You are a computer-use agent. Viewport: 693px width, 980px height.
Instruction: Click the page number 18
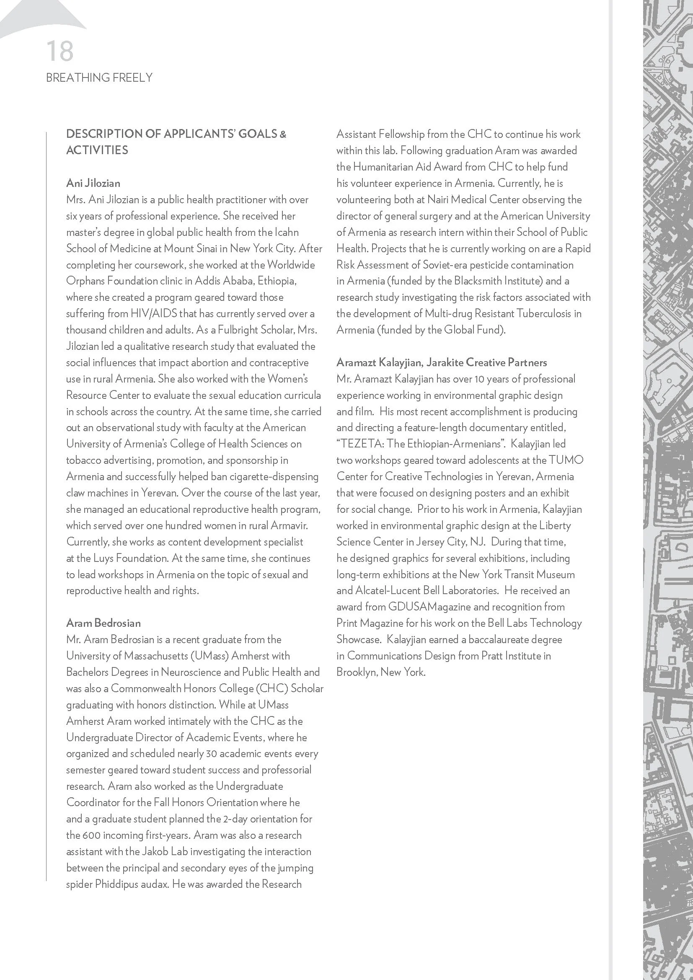click(60, 52)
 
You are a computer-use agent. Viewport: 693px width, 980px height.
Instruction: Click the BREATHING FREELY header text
click(99, 78)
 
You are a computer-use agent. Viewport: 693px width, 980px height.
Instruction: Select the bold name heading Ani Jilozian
click(93, 183)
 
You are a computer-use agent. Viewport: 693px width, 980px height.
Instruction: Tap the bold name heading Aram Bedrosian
click(103, 623)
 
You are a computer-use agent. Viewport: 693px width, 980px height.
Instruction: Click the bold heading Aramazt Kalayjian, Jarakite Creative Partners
click(441, 362)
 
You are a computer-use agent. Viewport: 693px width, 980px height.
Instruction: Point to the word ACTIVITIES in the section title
click(97, 150)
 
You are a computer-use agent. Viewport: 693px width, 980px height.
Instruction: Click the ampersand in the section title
click(282, 134)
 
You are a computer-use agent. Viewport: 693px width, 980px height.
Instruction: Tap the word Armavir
click(289, 525)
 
